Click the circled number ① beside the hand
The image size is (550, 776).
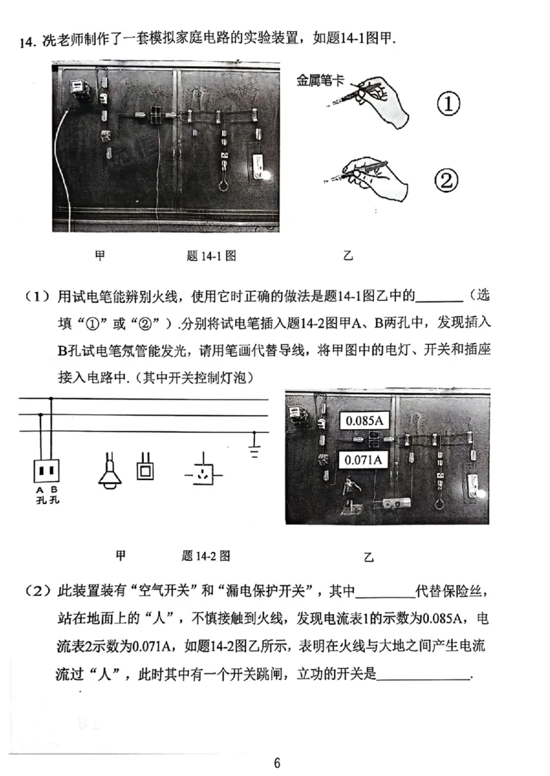pyautogui.click(x=448, y=105)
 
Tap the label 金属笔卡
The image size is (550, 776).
pyautogui.click(x=320, y=81)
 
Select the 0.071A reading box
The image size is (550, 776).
pyautogui.click(x=364, y=459)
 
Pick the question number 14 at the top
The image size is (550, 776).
pyautogui.click(x=26, y=42)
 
